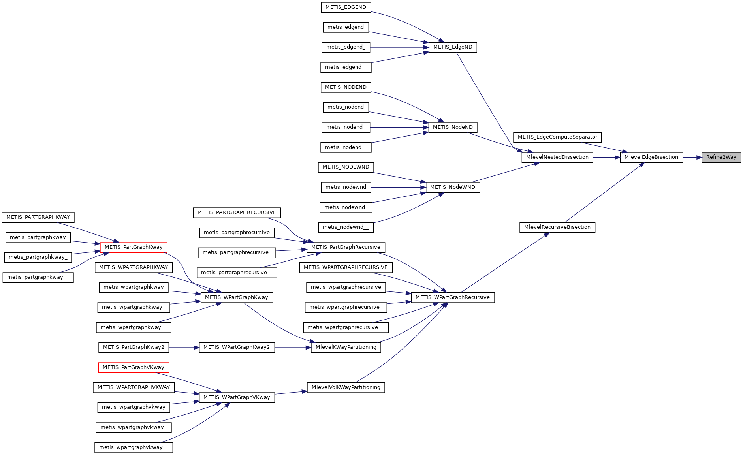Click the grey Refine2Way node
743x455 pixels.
[x=721, y=157]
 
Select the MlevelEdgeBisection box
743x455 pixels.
[x=651, y=157]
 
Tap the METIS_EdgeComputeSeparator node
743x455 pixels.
[x=557, y=137]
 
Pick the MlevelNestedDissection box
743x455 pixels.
[x=557, y=157]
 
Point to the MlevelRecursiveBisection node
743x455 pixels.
[x=557, y=227]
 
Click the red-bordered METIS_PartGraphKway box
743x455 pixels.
[x=134, y=247]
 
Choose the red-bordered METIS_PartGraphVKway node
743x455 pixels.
[x=134, y=367]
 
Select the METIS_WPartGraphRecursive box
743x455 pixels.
[x=452, y=297]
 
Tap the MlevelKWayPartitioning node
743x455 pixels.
[x=346, y=347]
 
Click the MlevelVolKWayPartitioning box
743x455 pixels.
[x=346, y=387]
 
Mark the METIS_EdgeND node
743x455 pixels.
[x=453, y=47]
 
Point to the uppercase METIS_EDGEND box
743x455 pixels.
[x=346, y=7]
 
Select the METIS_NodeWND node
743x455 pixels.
[x=453, y=187]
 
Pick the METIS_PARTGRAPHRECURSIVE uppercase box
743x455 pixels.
[x=237, y=212]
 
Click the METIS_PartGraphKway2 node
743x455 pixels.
[x=134, y=347]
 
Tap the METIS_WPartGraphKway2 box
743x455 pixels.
[x=237, y=347]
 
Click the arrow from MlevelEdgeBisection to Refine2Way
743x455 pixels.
[x=692, y=157]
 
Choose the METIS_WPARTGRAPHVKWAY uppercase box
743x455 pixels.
[x=134, y=387]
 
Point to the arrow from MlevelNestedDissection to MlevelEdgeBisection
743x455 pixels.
[x=606, y=157]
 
